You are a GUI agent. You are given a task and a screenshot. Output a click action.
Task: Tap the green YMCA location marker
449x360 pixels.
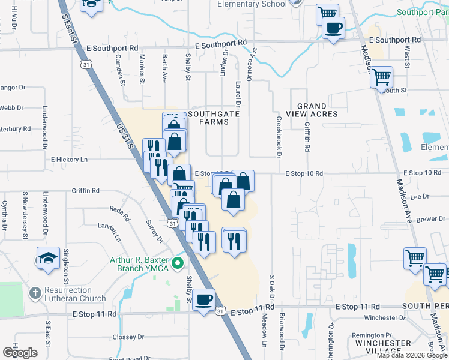(x=177, y=263)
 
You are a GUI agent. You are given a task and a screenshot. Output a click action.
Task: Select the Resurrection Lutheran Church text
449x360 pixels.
(x=74, y=294)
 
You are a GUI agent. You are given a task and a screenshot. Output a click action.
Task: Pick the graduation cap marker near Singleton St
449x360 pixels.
(x=48, y=258)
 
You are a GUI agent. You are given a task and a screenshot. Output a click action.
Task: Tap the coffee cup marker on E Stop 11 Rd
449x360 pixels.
(x=204, y=299)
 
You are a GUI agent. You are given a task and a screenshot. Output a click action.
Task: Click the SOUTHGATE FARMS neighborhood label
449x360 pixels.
(x=208, y=118)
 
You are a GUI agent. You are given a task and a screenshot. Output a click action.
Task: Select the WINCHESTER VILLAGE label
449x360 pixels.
(x=383, y=347)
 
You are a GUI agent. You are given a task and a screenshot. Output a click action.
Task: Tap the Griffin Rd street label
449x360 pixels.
(x=85, y=190)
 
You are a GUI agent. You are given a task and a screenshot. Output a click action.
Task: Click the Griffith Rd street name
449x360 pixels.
(x=307, y=137)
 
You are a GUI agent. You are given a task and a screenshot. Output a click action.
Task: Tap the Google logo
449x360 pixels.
(x=20, y=353)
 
